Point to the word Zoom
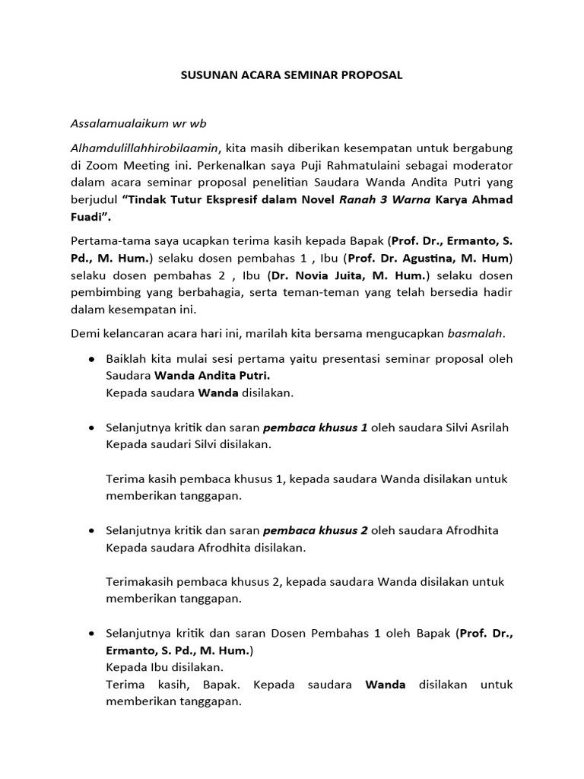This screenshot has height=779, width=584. [103, 165]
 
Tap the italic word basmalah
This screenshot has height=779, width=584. [475, 333]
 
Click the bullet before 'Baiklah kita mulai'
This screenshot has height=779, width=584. [92, 359]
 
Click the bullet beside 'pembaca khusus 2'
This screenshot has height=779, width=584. [92, 530]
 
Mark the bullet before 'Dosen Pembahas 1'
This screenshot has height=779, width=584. [92, 634]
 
